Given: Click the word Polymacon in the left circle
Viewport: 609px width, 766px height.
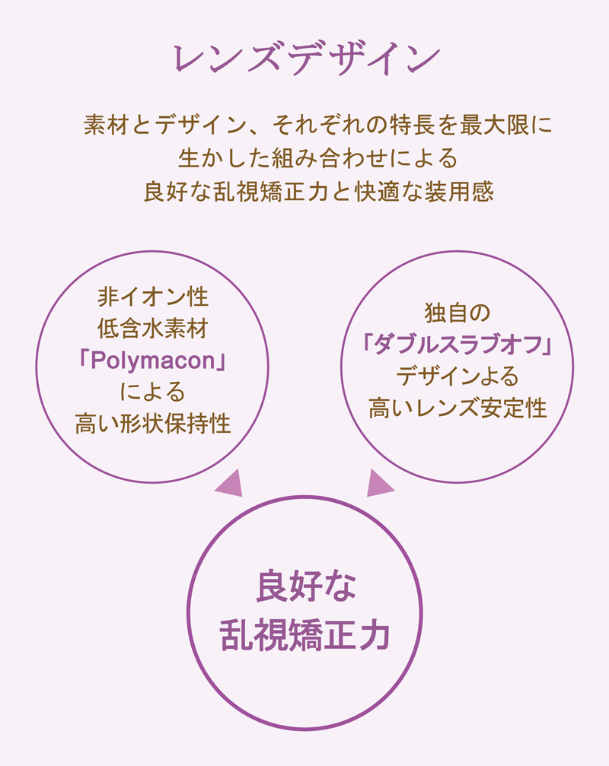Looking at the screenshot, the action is click(x=153, y=361).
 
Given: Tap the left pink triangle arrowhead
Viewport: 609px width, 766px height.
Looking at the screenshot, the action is click(x=230, y=484).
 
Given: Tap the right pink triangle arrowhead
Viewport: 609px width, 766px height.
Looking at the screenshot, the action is click(x=380, y=484).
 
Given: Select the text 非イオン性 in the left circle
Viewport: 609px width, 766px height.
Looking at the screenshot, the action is click(x=153, y=297).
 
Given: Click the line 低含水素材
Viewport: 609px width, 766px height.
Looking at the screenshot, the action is click(x=153, y=329).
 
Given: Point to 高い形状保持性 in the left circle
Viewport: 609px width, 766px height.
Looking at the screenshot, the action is click(x=153, y=424).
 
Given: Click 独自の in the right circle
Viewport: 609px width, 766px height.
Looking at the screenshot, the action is click(x=457, y=313).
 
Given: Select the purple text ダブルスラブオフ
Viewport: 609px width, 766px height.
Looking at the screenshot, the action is click(x=458, y=344).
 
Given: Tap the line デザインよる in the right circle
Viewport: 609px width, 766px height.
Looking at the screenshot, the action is click(x=457, y=377).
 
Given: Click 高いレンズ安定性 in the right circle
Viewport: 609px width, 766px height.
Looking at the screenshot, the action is click(x=458, y=408).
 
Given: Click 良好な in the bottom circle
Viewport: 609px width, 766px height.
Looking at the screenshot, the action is click(x=306, y=586).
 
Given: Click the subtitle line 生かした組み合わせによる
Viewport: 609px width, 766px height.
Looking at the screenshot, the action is click(x=318, y=157).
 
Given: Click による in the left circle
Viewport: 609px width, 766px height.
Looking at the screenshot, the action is click(x=153, y=392).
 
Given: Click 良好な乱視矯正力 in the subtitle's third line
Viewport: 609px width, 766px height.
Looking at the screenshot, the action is click(x=236, y=191).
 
